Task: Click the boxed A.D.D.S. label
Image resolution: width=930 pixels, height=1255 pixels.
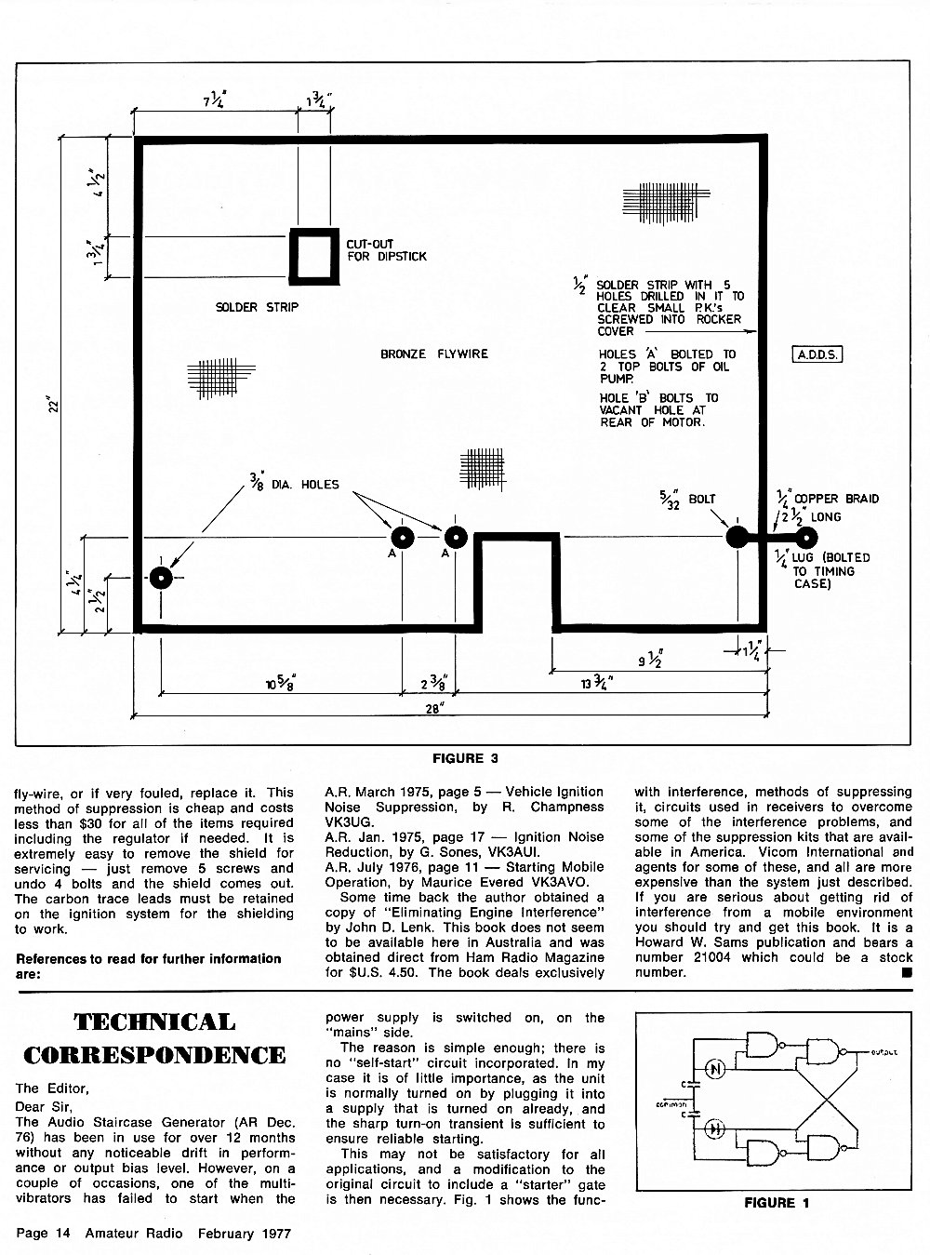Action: point(817,354)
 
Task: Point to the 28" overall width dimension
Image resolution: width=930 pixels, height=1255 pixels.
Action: point(433,709)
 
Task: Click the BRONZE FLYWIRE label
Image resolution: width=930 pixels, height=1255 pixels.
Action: point(434,354)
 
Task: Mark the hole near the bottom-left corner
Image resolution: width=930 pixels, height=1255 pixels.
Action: point(161,578)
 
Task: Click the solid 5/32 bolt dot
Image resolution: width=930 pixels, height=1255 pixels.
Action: point(737,537)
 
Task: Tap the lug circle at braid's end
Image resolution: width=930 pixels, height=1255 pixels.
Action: point(806,538)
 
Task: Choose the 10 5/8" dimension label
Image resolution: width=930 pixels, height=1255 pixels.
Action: point(281,684)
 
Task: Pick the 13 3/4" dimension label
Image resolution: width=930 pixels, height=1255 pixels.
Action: point(597,683)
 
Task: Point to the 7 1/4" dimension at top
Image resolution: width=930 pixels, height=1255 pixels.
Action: point(216,100)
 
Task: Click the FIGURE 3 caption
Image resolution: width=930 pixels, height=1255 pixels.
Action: point(465,759)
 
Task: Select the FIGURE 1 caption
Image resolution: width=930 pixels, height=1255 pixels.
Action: point(777,1203)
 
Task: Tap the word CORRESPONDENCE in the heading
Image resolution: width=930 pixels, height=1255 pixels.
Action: point(154,1056)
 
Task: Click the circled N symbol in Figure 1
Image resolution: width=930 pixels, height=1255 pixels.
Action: point(715,1070)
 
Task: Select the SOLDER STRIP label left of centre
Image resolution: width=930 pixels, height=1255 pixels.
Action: point(257,307)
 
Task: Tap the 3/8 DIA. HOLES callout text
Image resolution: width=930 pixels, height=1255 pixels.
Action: point(294,483)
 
